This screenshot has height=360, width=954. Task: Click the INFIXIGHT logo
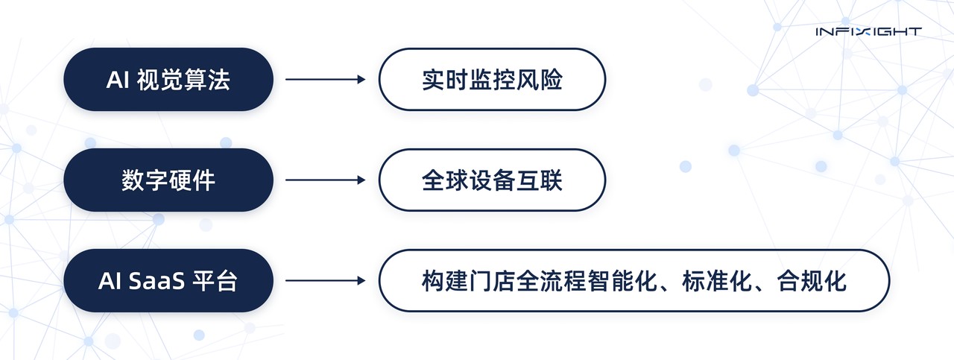(x=869, y=31)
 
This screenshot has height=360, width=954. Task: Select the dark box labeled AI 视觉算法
(x=168, y=79)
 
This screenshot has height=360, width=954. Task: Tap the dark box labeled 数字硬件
(x=168, y=180)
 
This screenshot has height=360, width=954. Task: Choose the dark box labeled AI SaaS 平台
(x=168, y=281)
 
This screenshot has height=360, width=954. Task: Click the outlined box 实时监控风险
(x=493, y=79)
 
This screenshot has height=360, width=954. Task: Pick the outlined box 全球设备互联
(x=493, y=180)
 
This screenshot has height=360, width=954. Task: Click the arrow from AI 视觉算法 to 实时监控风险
(x=326, y=79)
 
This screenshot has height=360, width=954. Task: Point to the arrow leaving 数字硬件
(x=326, y=180)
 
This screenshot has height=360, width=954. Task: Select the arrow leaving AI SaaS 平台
(x=326, y=281)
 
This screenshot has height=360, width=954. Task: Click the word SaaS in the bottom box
(x=157, y=281)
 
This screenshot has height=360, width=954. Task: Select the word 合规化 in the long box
(x=812, y=281)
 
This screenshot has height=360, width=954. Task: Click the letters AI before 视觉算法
(x=118, y=80)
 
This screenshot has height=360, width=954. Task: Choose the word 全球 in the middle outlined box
(x=445, y=180)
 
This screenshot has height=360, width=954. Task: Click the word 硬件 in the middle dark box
(x=192, y=180)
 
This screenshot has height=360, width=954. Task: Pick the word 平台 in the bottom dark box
(x=215, y=281)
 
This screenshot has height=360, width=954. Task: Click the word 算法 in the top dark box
(x=207, y=80)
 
